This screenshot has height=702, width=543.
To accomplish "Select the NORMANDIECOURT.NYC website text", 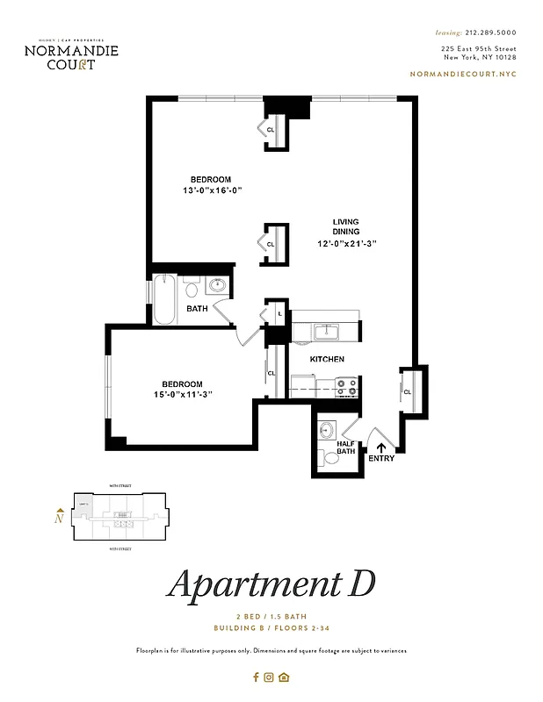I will (x=463, y=75).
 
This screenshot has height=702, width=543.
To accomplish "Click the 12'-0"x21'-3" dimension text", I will (x=349, y=243).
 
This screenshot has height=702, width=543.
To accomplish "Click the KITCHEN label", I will (x=327, y=360).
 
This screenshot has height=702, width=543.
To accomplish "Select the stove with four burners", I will (x=345, y=383).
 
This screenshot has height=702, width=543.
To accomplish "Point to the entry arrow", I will (x=381, y=448).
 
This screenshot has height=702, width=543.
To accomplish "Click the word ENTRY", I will (x=381, y=459).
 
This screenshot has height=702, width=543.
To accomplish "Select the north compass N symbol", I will (x=58, y=518).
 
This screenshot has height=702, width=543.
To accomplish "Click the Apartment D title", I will (x=271, y=584).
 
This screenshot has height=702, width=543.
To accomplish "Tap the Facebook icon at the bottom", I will (x=256, y=677).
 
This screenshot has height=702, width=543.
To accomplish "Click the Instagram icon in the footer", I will (x=270, y=677).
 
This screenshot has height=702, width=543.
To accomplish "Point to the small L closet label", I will (x=279, y=313).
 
